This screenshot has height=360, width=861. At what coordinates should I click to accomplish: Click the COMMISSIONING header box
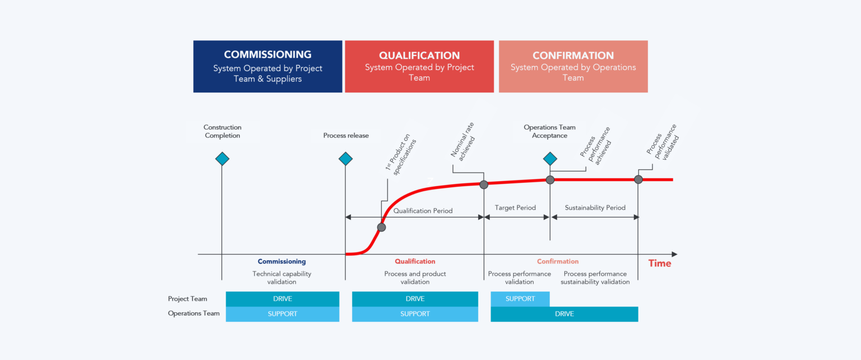click(267, 66)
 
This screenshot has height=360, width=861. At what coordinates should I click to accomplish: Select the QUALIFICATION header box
click(419, 66)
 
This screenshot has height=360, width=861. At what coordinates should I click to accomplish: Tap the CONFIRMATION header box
click(573, 66)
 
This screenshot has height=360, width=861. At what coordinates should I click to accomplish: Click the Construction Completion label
click(223, 132)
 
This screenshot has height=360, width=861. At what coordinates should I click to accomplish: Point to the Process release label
click(346, 136)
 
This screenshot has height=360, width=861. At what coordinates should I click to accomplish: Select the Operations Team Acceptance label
click(549, 132)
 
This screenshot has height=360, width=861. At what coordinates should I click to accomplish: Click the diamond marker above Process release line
click(345, 159)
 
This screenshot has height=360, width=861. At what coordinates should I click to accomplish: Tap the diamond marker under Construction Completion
click(222, 159)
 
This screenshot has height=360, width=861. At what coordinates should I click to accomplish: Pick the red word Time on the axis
click(659, 263)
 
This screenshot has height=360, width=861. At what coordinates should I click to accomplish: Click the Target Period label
click(515, 207)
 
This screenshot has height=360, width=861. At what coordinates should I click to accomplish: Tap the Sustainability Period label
click(595, 207)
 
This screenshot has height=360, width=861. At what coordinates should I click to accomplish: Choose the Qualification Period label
click(423, 211)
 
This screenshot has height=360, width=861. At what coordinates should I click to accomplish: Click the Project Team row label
click(187, 299)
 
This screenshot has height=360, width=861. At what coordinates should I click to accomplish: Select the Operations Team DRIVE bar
click(564, 314)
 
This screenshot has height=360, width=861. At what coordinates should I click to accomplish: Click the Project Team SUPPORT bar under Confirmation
click(520, 299)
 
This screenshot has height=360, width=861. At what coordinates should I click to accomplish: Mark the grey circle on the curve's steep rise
click(381, 227)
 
